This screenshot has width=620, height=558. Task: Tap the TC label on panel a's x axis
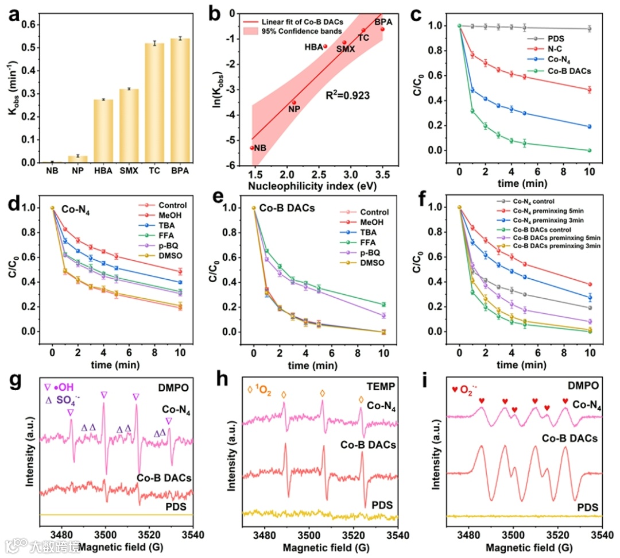[x=154, y=171]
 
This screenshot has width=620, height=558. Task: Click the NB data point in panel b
[x=251, y=148]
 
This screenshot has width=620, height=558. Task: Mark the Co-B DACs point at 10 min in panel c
[x=589, y=151]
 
